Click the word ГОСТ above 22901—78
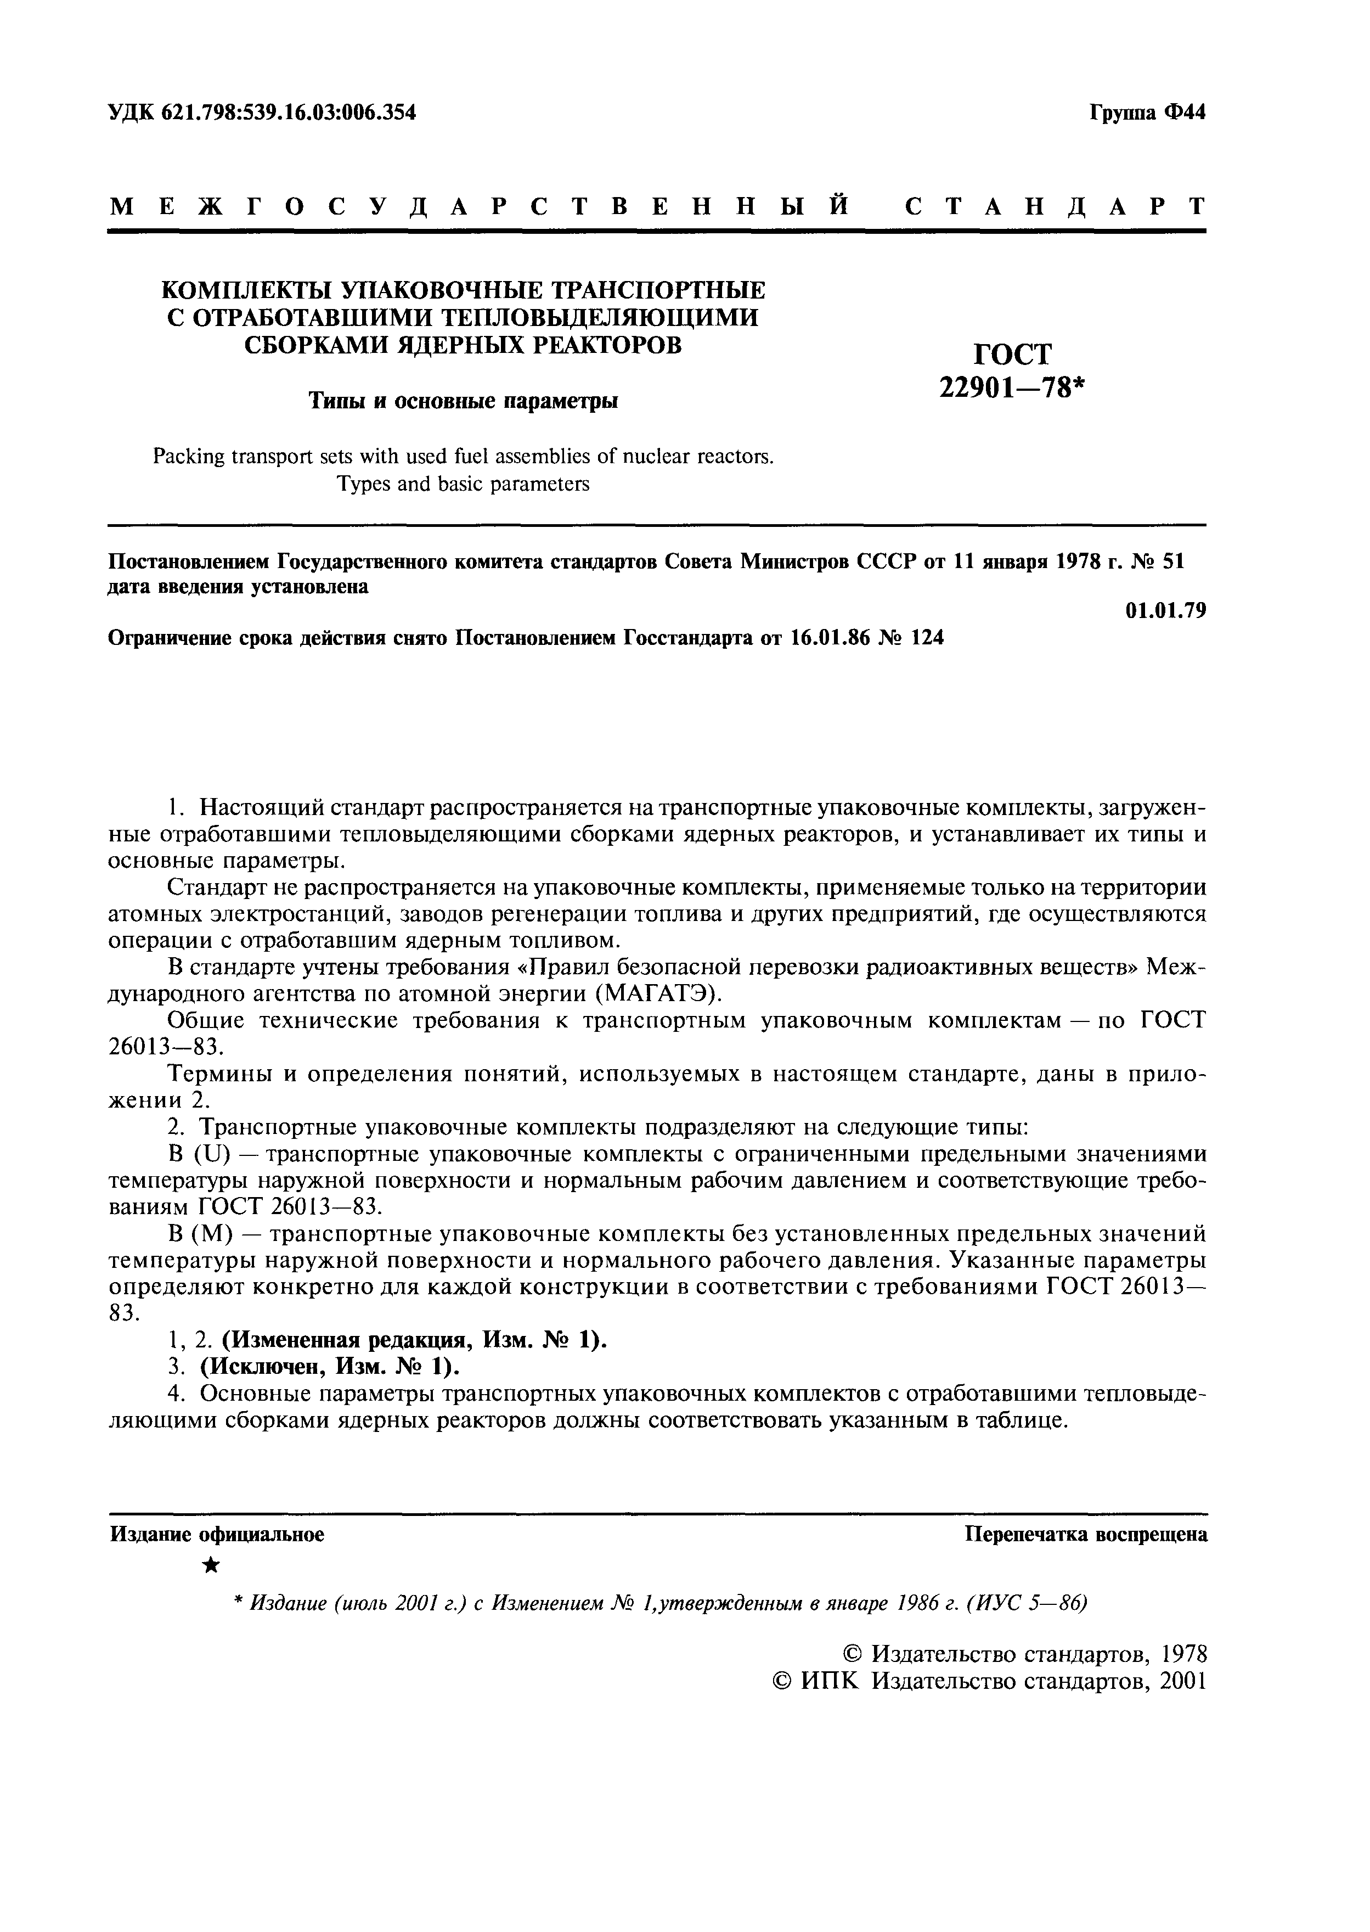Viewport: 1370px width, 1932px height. (x=1012, y=353)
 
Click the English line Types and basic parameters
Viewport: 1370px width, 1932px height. (x=463, y=484)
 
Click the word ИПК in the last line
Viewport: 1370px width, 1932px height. (x=827, y=1681)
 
